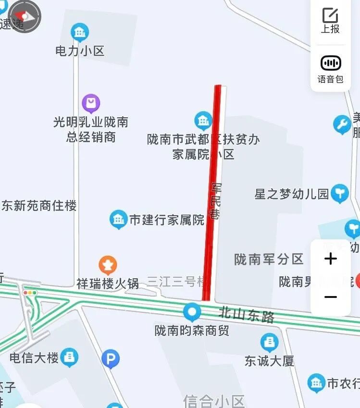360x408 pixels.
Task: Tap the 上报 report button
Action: (330, 21)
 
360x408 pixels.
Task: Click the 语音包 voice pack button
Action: (330, 69)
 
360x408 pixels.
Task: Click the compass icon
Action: (25, 16)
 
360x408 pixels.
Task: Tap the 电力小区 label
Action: (80, 51)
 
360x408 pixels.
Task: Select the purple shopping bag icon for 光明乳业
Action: (91, 103)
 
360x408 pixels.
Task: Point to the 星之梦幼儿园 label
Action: (291, 194)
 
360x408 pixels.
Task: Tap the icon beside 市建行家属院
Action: (118, 220)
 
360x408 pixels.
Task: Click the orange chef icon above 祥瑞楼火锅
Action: (108, 265)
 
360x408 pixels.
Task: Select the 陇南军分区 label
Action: (269, 260)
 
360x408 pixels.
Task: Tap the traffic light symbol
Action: (30, 292)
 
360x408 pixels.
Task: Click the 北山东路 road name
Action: (246, 316)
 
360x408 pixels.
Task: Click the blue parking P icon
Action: (111, 359)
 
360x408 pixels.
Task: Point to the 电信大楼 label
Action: (34, 358)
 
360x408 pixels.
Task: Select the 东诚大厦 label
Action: (269, 360)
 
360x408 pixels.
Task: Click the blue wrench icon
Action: (342, 125)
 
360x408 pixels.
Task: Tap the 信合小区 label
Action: (214, 401)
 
